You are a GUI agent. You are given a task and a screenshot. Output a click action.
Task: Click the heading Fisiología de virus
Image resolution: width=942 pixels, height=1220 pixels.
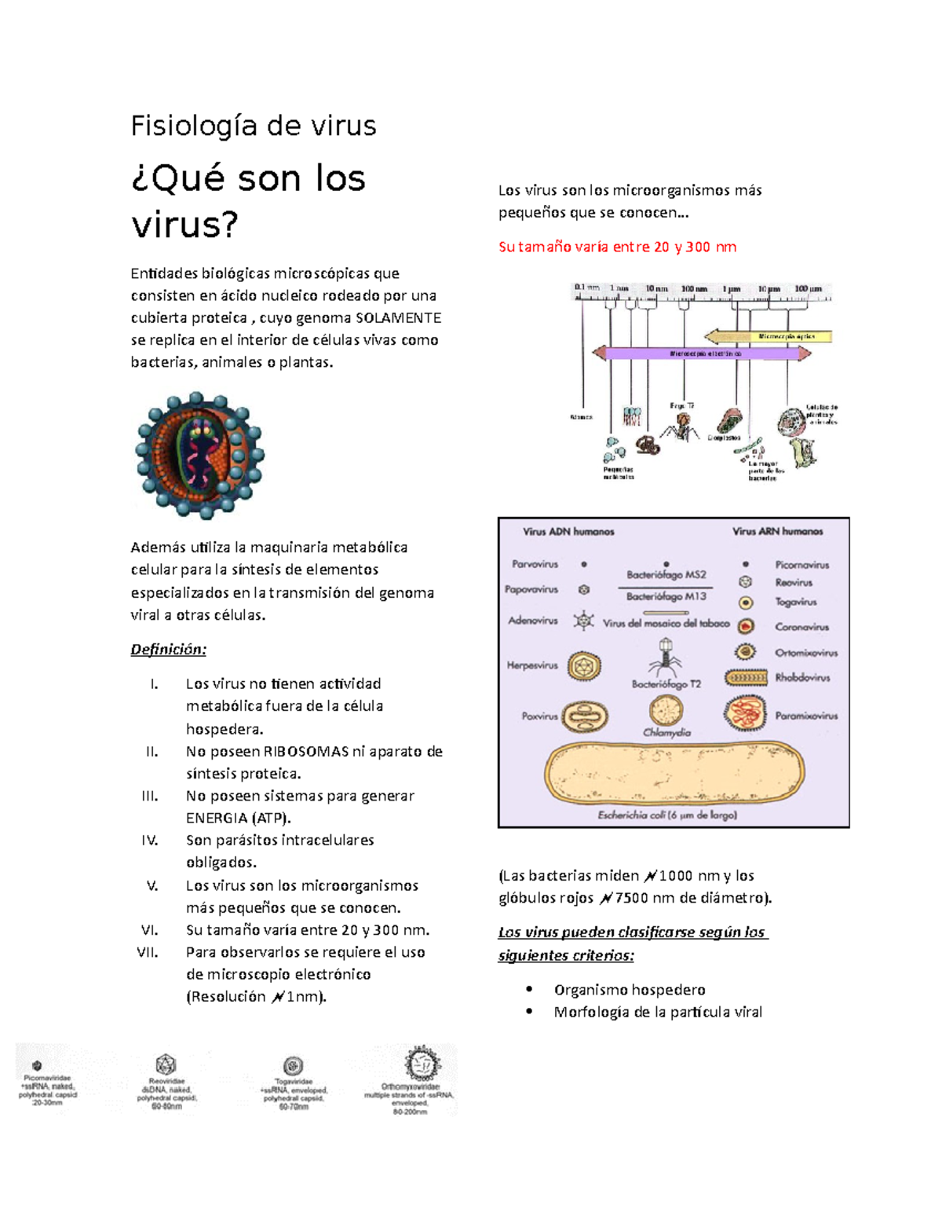coord(253,126)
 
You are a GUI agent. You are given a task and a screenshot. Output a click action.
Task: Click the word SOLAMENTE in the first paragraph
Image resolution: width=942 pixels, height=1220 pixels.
coord(398,318)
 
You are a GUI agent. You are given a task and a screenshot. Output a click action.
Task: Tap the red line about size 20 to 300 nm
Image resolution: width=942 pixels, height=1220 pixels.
coord(617,247)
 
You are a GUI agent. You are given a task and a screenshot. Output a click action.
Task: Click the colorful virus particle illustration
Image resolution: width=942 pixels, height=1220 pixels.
coord(199,456)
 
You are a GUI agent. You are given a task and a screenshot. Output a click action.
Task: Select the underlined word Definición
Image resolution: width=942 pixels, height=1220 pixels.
coord(168,650)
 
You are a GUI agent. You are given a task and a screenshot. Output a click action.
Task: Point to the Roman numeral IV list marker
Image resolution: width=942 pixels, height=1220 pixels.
coord(149,841)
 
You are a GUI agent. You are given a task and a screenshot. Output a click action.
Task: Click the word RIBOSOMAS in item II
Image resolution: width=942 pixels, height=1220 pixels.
coord(305,752)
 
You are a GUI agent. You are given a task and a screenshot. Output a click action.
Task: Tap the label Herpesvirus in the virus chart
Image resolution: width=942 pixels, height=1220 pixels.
coord(532,665)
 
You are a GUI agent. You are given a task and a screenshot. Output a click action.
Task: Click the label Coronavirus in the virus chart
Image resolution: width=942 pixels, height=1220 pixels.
coord(801,627)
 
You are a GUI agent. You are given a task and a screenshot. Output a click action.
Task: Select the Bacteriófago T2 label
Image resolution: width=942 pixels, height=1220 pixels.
coord(666,684)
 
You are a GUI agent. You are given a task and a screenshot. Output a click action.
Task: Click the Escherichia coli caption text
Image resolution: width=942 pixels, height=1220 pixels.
coord(666,815)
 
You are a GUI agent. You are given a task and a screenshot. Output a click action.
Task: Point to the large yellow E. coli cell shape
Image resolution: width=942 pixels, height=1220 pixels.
coord(674,775)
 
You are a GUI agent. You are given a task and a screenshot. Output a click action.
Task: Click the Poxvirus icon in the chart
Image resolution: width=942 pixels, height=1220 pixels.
coord(586,716)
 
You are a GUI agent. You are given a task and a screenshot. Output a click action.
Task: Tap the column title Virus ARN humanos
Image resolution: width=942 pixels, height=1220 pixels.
coord(777,532)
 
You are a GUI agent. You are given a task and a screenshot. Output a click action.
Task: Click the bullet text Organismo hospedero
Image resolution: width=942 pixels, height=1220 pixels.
coord(630,990)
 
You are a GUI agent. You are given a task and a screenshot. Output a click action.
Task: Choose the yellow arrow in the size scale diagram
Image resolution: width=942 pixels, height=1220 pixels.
coord(767,336)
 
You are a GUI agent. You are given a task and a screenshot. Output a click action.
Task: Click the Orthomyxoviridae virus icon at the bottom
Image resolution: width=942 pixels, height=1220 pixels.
coord(422,1065)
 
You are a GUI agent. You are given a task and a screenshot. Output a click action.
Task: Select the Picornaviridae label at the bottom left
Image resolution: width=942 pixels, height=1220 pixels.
coord(47,1079)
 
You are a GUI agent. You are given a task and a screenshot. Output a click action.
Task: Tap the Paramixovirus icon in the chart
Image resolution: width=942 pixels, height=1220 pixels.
coord(745,714)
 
